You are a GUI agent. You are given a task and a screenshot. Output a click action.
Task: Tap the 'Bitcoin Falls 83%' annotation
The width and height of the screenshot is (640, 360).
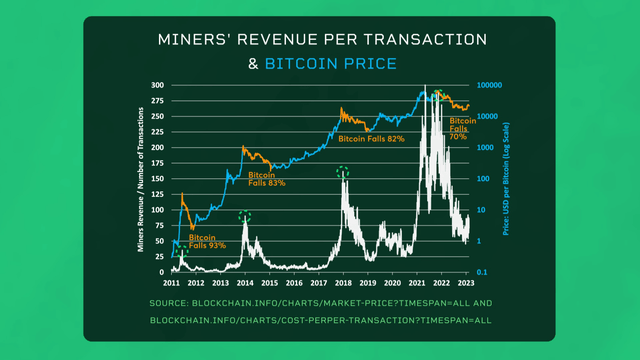click(x=267, y=179)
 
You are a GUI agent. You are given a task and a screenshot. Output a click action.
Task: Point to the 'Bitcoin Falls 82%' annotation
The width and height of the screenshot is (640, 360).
click(x=371, y=139)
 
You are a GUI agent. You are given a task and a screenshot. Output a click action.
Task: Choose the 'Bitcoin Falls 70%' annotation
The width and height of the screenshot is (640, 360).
click(x=458, y=128)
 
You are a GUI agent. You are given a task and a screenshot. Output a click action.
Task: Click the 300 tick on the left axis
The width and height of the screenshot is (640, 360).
click(x=158, y=86)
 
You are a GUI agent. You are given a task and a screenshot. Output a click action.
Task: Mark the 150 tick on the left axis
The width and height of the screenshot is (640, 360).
click(x=158, y=179)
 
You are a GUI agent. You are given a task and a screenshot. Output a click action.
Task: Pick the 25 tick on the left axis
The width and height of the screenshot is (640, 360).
click(x=160, y=256)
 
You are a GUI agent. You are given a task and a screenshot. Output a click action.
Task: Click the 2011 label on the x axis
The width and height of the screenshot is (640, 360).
click(x=171, y=283)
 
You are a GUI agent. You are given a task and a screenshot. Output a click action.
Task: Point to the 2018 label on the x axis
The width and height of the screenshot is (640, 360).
click(x=343, y=283)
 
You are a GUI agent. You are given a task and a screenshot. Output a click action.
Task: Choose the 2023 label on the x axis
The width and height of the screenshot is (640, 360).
click(x=466, y=283)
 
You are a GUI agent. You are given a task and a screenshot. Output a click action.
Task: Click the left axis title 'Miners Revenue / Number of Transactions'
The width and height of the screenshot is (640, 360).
click(x=141, y=180)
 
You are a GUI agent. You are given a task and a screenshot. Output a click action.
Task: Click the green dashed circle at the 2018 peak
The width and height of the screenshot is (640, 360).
click(x=344, y=173)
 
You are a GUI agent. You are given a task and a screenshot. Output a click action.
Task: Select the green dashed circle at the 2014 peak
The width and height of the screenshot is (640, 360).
click(x=245, y=215)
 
